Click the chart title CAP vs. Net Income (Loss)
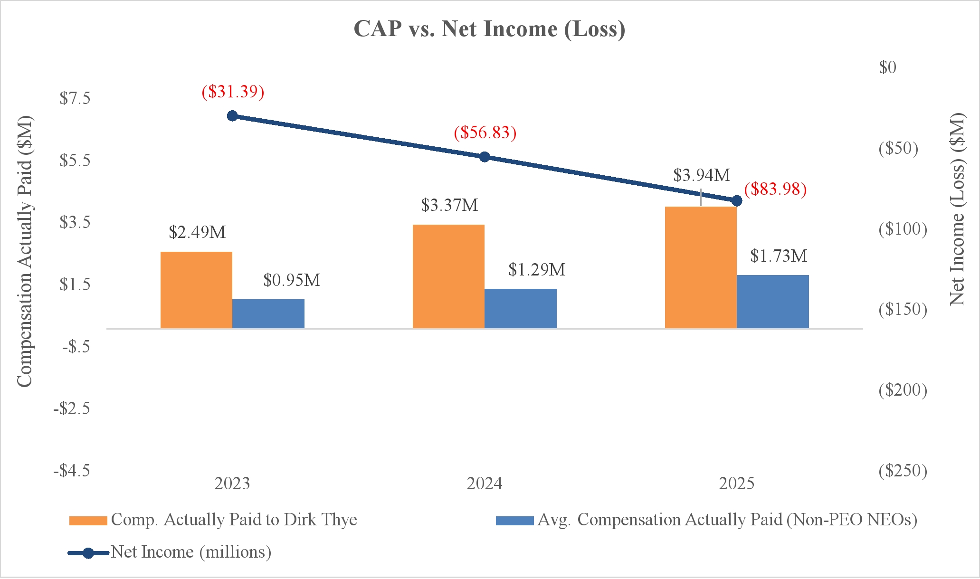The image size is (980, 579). tap(489, 29)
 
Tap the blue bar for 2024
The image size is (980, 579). tap(520, 308)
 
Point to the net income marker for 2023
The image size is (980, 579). tap(232, 116)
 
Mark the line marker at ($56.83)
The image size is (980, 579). tap(485, 157)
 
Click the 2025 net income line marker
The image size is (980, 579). tap(737, 201)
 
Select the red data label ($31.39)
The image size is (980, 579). tap(233, 91)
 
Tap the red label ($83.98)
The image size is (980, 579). tap(775, 189)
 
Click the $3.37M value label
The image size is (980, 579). tap(449, 205)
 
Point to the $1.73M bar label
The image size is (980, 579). tap(779, 256)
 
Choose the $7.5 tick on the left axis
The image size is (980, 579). tap(75, 98)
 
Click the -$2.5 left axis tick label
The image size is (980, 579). tap(72, 408)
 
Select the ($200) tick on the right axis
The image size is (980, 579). tap(903, 390)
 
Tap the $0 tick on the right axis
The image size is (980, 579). tap(887, 67)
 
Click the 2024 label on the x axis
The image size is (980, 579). tap(484, 484)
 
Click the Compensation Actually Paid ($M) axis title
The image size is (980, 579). tap(24, 251)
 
